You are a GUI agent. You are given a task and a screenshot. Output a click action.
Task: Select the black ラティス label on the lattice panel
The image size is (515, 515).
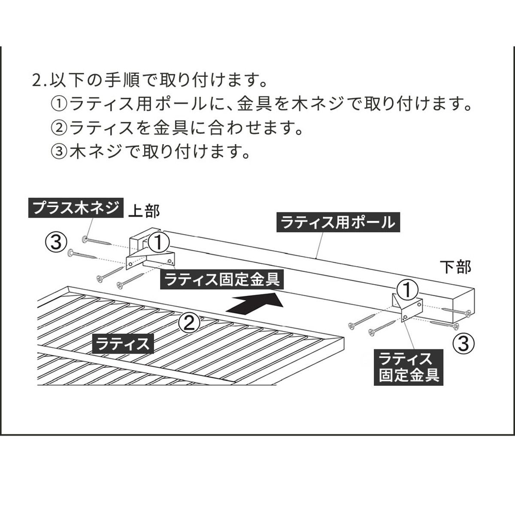[x=123, y=343]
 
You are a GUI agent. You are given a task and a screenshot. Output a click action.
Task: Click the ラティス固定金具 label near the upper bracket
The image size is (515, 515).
[x=222, y=279]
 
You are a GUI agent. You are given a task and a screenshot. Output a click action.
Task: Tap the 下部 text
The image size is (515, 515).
[x=455, y=267]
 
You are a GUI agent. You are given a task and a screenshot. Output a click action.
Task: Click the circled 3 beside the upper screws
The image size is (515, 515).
[x=55, y=242]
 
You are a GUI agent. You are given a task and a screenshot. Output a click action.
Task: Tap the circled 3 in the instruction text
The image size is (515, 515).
[x=59, y=151]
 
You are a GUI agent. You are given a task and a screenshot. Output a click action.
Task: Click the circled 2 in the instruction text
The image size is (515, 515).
[x=59, y=128]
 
